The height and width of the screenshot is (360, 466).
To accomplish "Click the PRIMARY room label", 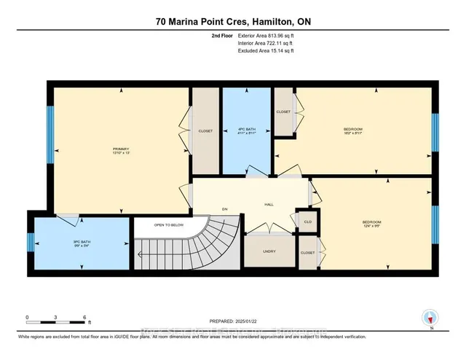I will point(111,149).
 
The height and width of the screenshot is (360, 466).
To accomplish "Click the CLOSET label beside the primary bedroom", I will point(206,130).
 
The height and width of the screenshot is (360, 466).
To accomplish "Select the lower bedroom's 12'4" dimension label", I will point(372,226).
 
